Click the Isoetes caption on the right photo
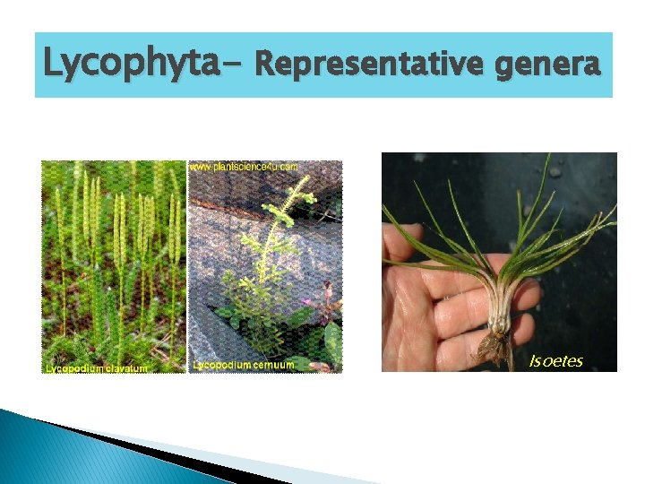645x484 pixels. [x=555, y=361]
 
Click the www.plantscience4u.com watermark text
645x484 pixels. [x=244, y=167]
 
